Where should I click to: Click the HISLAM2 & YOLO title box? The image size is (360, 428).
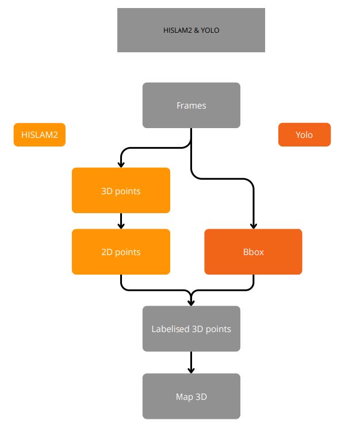point(191,30)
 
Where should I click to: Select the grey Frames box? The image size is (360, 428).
point(191,105)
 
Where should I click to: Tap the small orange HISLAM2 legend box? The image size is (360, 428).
point(40,135)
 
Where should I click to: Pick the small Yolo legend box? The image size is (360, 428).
point(304,135)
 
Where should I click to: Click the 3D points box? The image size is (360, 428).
point(121,191)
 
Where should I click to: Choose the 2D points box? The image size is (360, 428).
point(121,252)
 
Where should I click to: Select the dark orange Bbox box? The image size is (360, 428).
point(253,252)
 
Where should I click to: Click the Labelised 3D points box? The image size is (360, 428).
point(191,329)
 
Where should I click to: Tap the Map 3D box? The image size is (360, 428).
point(191,396)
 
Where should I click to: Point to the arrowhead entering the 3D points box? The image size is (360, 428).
point(121,164)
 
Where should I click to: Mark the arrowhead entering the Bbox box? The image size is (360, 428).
point(253,225)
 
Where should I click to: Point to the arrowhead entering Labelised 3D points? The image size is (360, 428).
point(191,302)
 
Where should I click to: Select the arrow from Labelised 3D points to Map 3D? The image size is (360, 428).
point(191,363)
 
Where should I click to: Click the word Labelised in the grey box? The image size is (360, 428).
point(168,329)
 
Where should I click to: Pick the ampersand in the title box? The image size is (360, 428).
point(196,30)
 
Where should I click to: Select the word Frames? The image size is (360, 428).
point(191,106)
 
